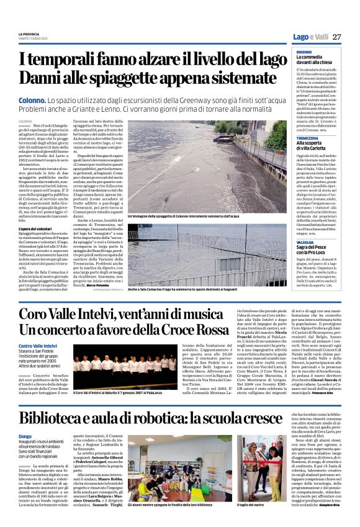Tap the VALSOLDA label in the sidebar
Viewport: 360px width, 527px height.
[x=306, y=242]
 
